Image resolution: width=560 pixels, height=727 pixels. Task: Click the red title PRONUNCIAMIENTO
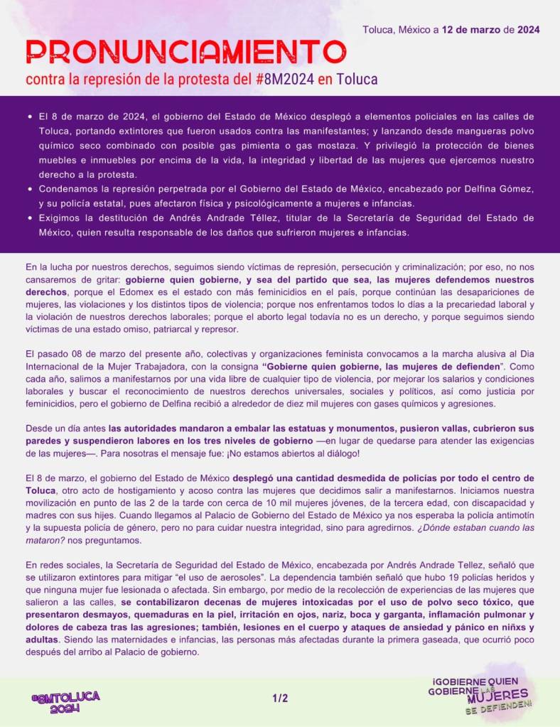point(185,51)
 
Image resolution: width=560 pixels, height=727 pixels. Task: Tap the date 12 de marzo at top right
point(471,30)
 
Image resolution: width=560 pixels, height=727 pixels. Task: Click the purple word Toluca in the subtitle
point(357,78)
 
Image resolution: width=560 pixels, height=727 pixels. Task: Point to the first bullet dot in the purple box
point(29,116)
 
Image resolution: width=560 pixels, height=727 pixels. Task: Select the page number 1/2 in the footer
point(280,699)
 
